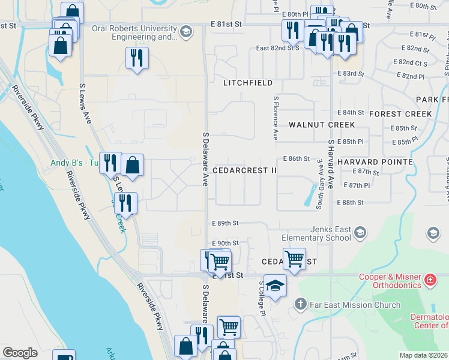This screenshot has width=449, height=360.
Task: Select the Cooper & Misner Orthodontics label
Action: coord(390,281)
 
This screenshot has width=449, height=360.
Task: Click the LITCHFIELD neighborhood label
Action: coord(248,83)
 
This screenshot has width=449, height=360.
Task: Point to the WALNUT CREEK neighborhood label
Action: coord(321,125)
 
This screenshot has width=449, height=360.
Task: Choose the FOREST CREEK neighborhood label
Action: coord(400,114)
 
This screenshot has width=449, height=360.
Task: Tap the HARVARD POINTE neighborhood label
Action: coord(375,162)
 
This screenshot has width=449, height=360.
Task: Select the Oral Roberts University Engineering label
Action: coord(134,32)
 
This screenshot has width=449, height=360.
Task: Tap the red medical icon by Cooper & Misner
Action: coord(430,280)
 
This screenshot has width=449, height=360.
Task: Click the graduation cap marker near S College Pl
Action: coord(275,286)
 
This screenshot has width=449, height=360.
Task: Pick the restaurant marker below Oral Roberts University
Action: coord(137,58)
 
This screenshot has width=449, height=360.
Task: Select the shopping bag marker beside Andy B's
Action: coord(132,165)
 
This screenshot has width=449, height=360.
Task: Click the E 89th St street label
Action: coord(225,223)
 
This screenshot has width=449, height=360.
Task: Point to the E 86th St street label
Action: coord(296,159)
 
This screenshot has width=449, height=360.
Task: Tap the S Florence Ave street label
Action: coord(276,118)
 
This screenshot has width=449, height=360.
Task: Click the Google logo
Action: coord(20,353)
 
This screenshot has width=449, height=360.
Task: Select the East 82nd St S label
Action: coord(277,48)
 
